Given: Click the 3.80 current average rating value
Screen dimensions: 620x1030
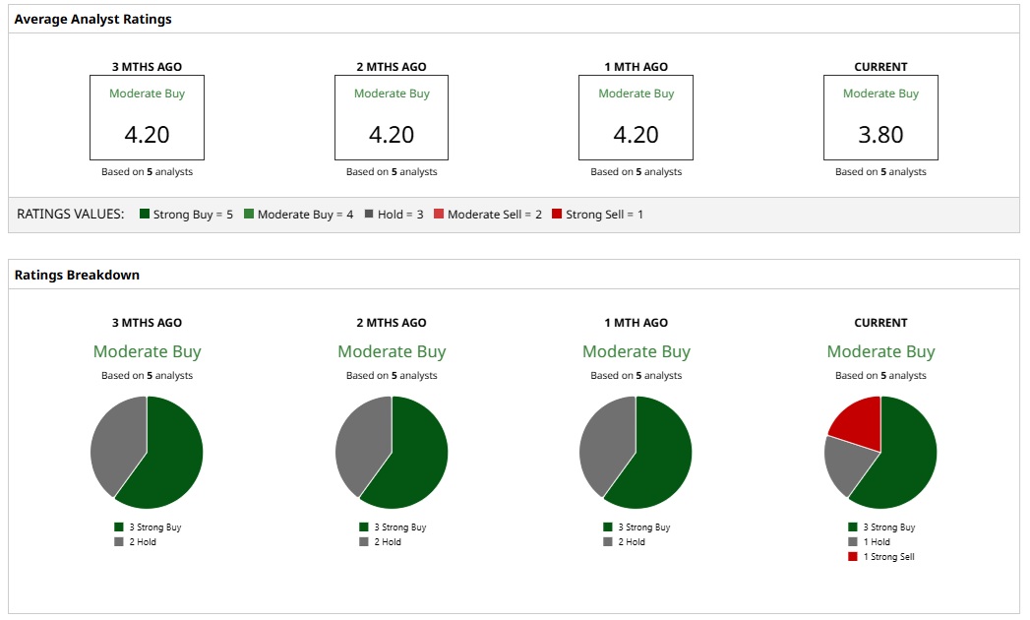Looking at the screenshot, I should [x=880, y=135].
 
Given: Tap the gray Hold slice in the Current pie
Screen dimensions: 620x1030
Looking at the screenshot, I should [x=845, y=463].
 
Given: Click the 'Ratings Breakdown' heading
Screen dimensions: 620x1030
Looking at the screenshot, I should [x=77, y=275].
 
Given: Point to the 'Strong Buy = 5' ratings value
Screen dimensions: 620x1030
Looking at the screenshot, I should [x=186, y=215].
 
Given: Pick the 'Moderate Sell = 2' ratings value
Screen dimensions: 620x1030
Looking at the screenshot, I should [x=488, y=215].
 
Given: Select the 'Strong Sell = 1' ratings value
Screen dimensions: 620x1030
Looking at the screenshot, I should [x=597, y=215].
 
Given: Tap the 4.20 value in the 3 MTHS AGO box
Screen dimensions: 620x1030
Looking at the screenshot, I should [x=147, y=135].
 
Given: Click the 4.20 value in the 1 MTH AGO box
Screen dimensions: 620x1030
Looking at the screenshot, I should [x=636, y=135].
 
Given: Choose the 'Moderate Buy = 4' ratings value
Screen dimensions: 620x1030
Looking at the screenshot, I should [x=298, y=215].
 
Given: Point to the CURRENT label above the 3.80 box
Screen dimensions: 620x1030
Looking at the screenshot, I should [x=880, y=67].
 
